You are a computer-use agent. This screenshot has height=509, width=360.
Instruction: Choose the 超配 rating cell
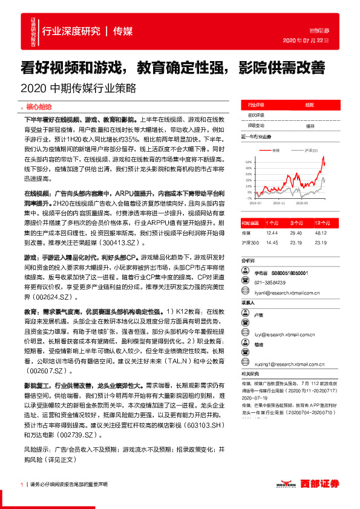coord(309,104)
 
